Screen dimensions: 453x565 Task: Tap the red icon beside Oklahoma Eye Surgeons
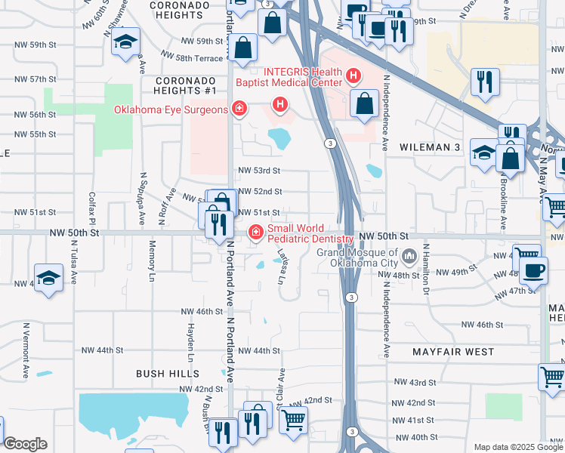[239, 110]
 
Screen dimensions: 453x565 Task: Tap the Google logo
[25, 444]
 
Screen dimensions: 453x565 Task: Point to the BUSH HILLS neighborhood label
[168, 374]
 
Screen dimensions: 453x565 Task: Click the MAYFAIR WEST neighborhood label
[453, 352]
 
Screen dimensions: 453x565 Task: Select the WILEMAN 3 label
[430, 147]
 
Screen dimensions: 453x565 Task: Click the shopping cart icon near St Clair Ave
[293, 418]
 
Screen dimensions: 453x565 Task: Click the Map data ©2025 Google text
[517, 447]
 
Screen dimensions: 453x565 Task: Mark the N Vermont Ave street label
[25, 350]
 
